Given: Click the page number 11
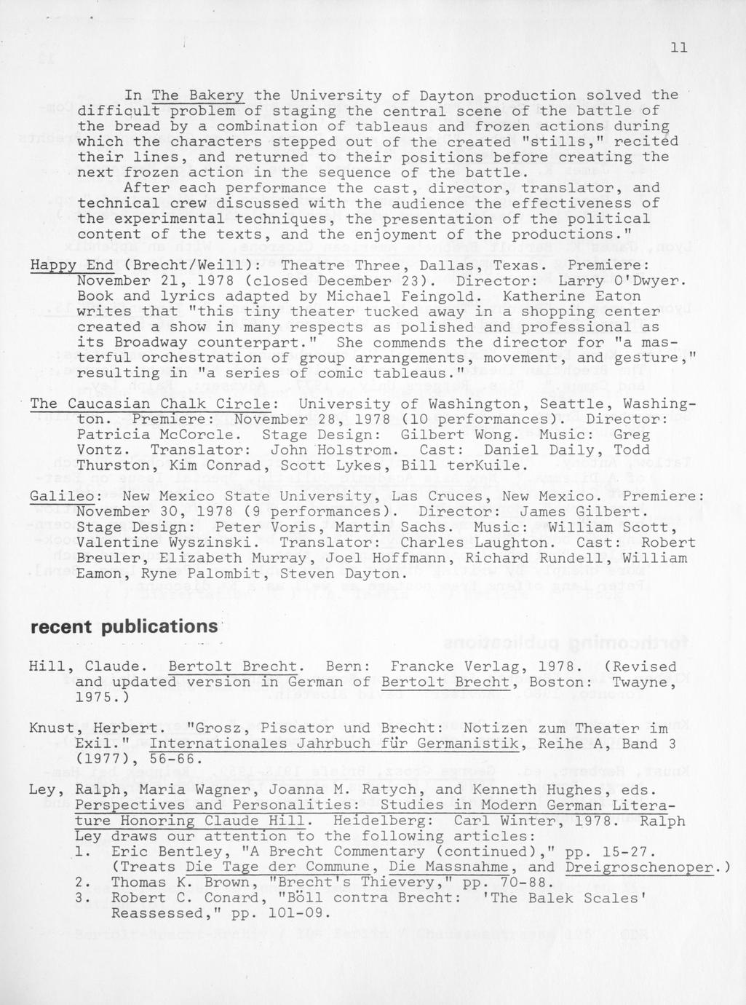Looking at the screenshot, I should tap(678, 48).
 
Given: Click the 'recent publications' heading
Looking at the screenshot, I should tap(123, 627).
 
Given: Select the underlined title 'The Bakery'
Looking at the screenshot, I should tap(198, 96).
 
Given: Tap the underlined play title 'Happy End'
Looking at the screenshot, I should tap(71, 265).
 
